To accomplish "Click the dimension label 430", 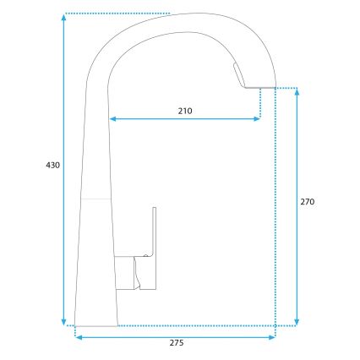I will coord(52,166).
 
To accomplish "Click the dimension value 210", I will coord(186,111).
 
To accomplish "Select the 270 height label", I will coord(308,203).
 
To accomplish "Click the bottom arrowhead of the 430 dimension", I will coord(65,320).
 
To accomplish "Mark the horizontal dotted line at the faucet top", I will coord(118,14).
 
